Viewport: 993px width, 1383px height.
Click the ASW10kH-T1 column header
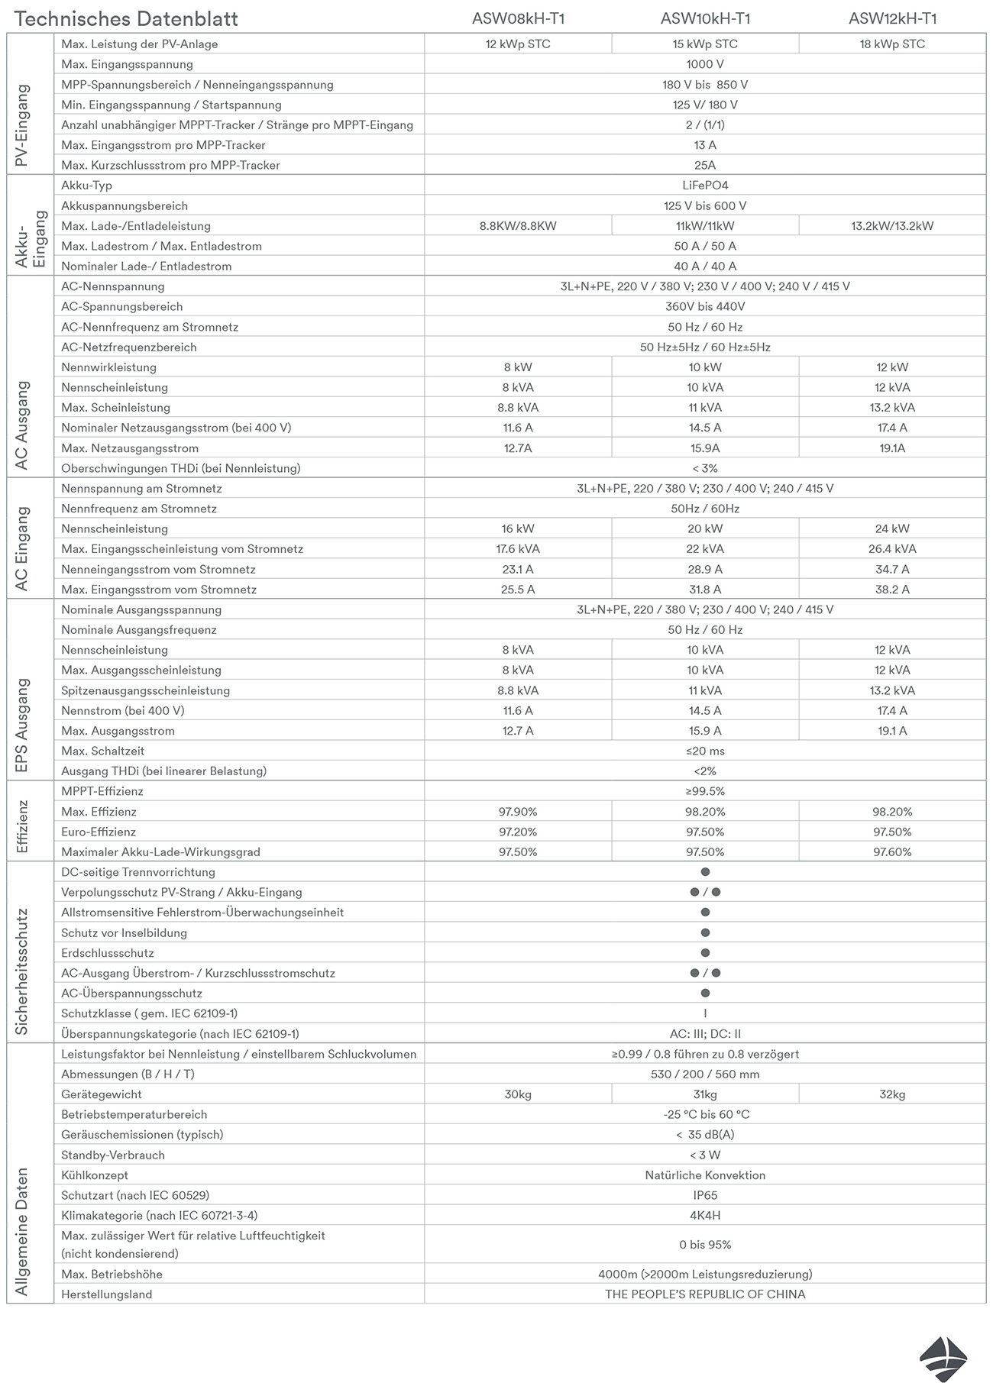tap(705, 19)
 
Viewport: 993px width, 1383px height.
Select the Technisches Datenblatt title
tap(126, 19)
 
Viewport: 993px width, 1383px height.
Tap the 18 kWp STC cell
tap(892, 44)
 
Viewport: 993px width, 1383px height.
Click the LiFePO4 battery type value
tap(705, 186)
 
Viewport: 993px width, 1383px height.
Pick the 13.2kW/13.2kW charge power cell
tap(892, 226)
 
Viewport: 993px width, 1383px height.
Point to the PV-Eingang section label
tap(22, 125)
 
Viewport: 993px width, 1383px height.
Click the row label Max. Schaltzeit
tap(103, 751)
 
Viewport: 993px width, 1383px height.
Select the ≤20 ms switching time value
tap(705, 751)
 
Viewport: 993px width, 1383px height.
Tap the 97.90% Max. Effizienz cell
tap(518, 812)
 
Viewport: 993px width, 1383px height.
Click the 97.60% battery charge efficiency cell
tap(892, 852)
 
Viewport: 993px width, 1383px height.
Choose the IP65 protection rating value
tap(705, 1195)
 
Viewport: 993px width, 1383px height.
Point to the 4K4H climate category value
tap(705, 1215)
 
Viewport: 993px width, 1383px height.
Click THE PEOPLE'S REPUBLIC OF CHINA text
tap(705, 1294)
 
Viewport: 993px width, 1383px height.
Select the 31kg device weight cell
tap(705, 1094)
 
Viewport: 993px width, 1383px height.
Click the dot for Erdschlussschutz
tap(705, 953)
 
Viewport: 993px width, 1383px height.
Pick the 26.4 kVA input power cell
tap(892, 549)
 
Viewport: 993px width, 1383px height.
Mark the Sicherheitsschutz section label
tap(22, 971)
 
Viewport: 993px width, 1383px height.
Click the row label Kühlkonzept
tap(95, 1175)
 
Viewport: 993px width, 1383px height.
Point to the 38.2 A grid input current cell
tap(892, 590)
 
